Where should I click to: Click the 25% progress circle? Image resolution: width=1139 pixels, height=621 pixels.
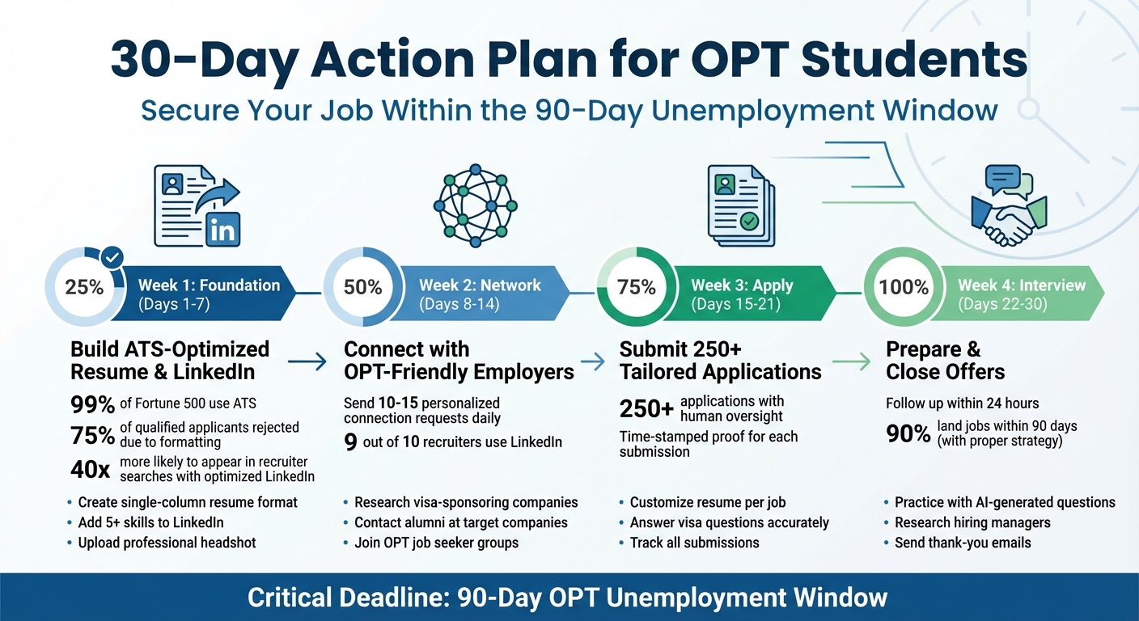click(x=85, y=287)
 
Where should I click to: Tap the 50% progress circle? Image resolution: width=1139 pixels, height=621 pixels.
click(x=363, y=287)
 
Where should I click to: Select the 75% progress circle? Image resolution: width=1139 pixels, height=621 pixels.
click(x=637, y=287)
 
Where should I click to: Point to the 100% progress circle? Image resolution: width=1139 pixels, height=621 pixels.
click(x=904, y=287)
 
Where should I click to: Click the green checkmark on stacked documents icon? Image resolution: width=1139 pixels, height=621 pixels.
click(x=749, y=220)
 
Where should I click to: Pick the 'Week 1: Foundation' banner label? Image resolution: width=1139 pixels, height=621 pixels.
click(x=209, y=285)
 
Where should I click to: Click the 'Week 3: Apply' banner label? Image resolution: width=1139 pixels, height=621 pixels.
click(x=742, y=285)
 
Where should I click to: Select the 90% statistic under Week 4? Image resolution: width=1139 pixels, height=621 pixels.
click(x=908, y=434)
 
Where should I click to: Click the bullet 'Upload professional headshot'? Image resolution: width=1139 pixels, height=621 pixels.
click(x=167, y=543)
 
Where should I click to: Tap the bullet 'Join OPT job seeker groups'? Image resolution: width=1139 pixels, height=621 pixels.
click(x=436, y=543)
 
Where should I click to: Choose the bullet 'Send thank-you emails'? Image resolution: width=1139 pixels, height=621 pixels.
click(x=962, y=543)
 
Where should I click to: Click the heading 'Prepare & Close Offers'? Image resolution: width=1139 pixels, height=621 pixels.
click(x=945, y=361)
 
